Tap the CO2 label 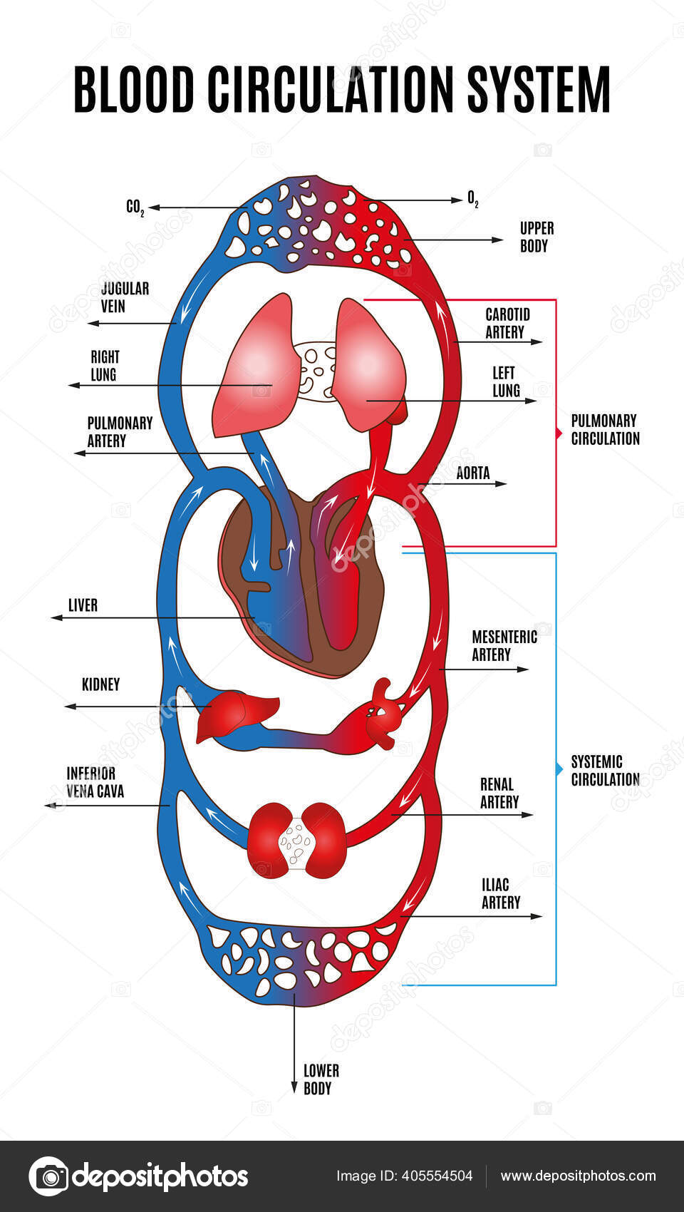135,207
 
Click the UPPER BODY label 536,237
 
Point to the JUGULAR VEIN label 125,297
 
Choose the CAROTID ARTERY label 507,323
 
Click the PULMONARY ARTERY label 119,432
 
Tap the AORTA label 473,473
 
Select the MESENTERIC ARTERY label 504,645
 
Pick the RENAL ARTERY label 499,793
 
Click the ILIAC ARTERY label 500,893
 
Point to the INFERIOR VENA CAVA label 95,782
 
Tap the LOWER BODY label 321,1079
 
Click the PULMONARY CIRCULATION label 605,429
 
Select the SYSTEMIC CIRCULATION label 605,770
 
